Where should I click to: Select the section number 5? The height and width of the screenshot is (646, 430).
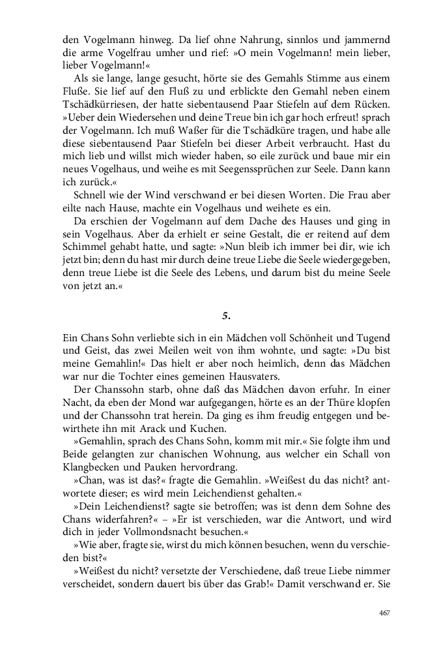(225, 315)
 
